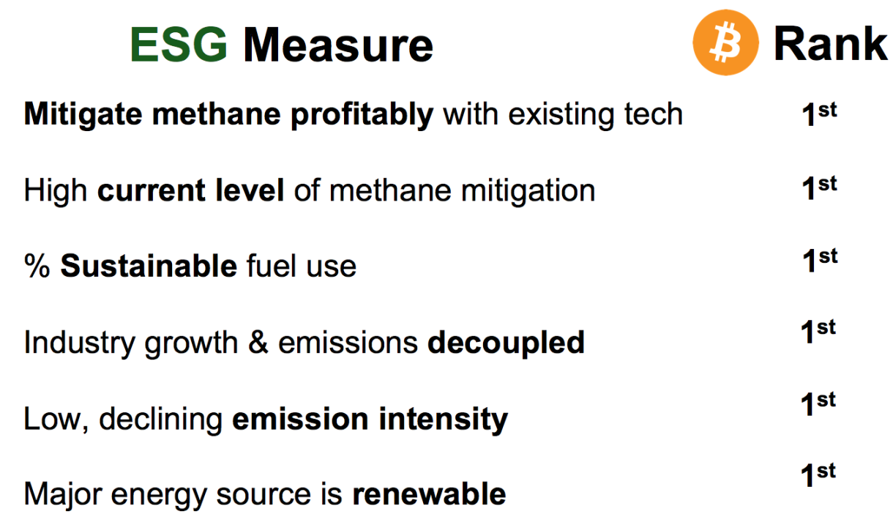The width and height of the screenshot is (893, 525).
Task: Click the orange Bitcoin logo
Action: pos(725,42)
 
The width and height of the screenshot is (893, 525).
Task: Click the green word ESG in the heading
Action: pos(179,44)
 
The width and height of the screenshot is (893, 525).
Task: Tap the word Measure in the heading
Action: pos(338,44)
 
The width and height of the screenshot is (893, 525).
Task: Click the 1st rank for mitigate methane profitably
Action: pos(819,114)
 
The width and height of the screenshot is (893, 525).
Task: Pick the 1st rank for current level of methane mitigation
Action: pos(819,187)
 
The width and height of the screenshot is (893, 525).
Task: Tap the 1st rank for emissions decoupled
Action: pos(818,331)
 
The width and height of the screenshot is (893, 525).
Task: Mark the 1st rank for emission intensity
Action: pos(818,403)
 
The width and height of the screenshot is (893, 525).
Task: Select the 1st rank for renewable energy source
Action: pos(818,474)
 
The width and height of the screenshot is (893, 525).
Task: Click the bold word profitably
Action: pos(362,116)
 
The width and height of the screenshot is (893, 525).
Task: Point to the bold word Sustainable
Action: pos(149,266)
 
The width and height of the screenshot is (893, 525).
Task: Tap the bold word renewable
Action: pos(430,494)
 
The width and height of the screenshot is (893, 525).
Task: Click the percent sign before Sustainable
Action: pos(37,266)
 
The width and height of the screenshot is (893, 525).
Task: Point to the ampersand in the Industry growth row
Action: pos(258,342)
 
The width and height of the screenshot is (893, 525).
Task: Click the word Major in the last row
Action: pos(63,496)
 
